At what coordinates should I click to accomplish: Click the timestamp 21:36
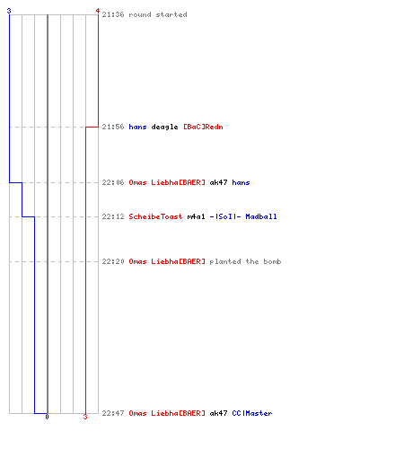point(113,14)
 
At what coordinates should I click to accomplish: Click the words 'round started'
point(158,14)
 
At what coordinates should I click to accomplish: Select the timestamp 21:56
point(113,127)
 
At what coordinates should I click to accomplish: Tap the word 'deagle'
point(164,127)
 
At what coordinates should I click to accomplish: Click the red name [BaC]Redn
point(203,127)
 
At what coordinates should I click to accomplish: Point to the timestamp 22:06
point(113,182)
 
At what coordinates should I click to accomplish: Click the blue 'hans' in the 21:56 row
point(137,127)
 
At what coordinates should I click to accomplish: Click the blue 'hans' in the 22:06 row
point(241,182)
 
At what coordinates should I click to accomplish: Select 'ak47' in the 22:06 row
point(218,182)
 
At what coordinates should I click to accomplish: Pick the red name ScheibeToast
point(155,216)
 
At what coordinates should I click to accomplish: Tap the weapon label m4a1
point(197,216)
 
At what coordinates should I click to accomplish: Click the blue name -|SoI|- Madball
point(243,216)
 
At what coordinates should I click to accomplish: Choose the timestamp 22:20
point(113,261)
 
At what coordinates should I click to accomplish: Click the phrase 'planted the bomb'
point(245,261)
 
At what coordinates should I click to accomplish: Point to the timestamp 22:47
point(113,413)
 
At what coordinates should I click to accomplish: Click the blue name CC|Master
point(252,413)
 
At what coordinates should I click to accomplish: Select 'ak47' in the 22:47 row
point(218,413)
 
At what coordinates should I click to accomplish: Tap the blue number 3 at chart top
point(9,11)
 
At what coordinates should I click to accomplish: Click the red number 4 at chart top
point(98,11)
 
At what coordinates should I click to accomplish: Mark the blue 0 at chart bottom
point(47,417)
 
